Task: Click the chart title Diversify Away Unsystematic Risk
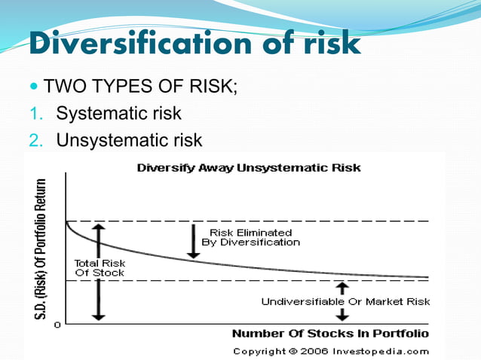248,168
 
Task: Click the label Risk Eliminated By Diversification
250,237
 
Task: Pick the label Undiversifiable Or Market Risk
345,301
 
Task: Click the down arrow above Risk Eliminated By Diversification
194,240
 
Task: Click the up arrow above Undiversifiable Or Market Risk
342,288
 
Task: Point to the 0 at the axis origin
59,324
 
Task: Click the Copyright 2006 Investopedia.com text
331,351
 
